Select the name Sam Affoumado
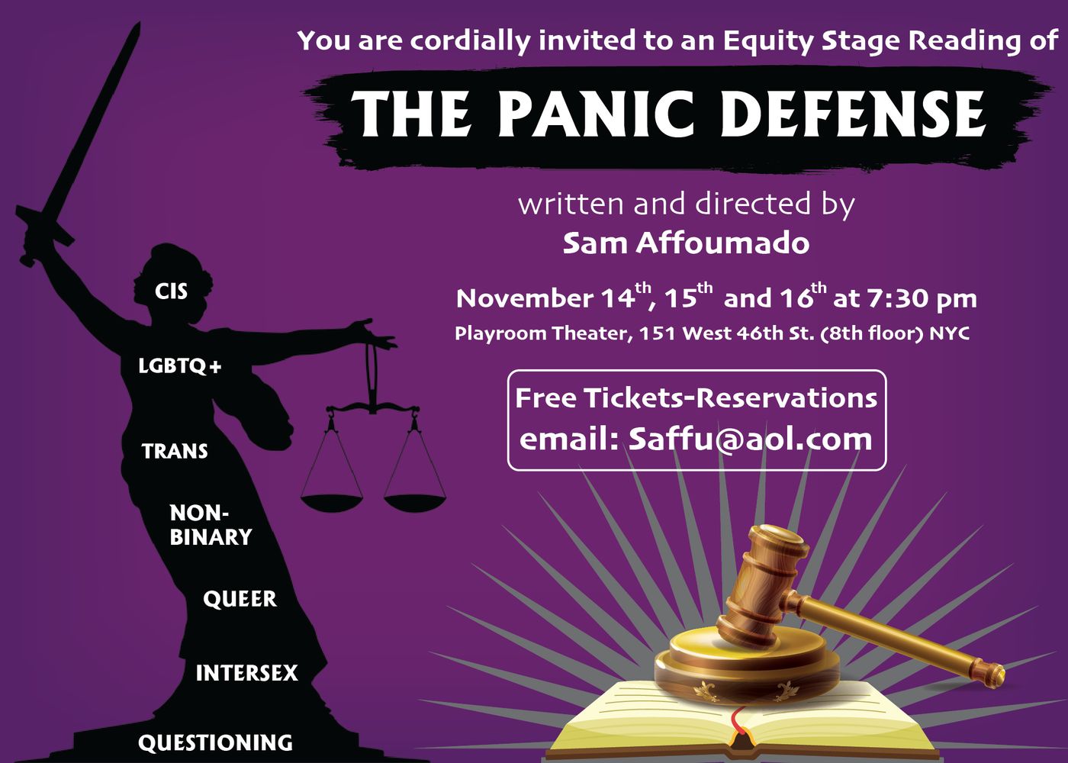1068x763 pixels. [686, 243]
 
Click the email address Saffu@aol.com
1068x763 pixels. [750, 439]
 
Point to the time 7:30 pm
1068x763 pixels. [922, 298]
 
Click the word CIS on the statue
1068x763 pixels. [171, 291]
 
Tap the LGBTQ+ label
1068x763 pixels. [180, 366]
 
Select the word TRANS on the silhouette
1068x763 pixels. [175, 451]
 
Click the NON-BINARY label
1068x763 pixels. [210, 525]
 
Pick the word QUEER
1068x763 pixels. [240, 599]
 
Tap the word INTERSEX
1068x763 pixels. [246, 673]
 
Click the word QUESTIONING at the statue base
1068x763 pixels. [215, 742]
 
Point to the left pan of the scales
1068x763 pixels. [332, 501]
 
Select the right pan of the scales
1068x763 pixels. [414, 501]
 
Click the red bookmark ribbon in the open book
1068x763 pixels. [738, 725]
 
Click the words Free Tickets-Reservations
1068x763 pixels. [696, 398]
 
